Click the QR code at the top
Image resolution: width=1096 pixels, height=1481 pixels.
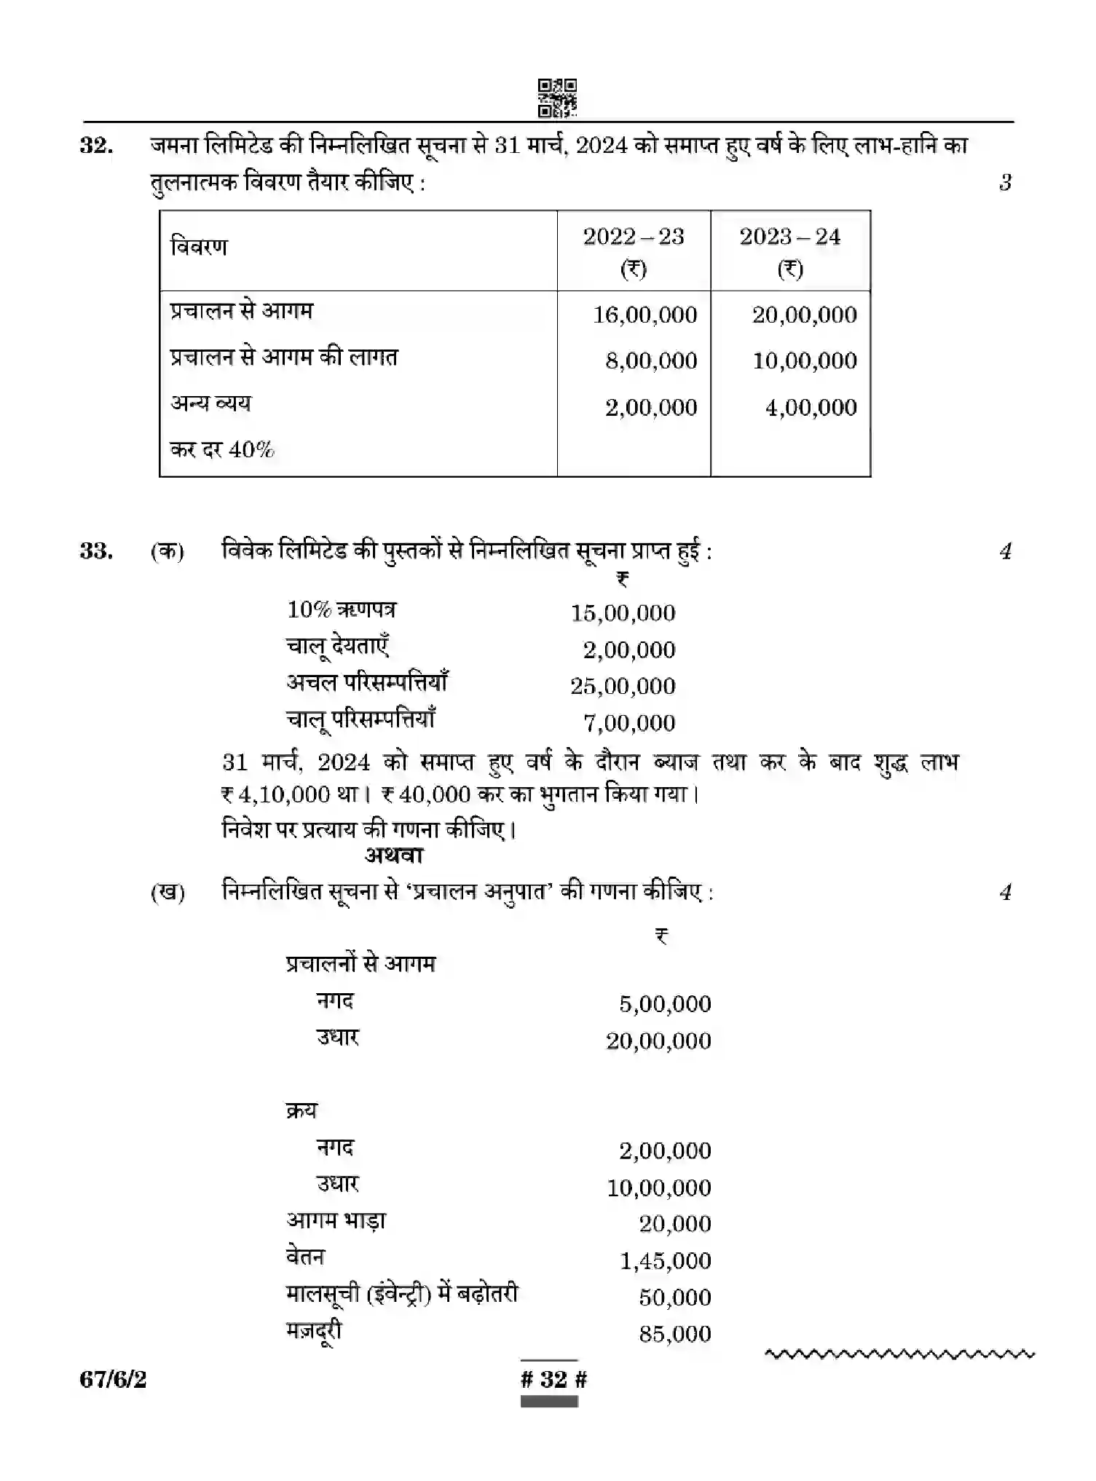[x=557, y=98]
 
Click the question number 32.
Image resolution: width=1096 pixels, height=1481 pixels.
[x=96, y=146]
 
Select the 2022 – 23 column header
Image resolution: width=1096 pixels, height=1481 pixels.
[x=634, y=250]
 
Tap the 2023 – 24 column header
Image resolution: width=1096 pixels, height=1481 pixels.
[x=790, y=250]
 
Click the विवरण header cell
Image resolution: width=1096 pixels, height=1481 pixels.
[x=199, y=247]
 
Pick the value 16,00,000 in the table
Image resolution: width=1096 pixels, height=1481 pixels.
[x=644, y=315]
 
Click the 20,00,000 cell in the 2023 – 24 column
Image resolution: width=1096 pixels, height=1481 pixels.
[x=804, y=315]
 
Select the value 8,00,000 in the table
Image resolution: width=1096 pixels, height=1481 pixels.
[x=651, y=360]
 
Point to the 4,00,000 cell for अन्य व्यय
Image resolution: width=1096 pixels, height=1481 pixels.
[x=811, y=407]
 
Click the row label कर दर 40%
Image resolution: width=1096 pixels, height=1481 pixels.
[x=222, y=449]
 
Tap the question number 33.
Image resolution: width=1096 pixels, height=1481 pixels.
[x=96, y=550]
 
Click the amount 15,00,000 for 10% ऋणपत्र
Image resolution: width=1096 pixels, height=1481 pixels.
[x=623, y=613]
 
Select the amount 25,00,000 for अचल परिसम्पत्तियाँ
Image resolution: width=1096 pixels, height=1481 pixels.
[x=623, y=686]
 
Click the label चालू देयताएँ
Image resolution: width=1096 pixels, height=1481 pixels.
[x=338, y=647]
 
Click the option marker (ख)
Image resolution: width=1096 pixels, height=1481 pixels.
[x=167, y=892]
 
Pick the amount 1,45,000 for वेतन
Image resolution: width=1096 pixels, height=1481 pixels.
[x=665, y=1261]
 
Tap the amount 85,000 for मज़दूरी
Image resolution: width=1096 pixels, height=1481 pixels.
[x=674, y=1334]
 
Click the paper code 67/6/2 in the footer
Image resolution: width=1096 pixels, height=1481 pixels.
[x=113, y=1379]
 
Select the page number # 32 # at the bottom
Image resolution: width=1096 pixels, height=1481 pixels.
[x=553, y=1379]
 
